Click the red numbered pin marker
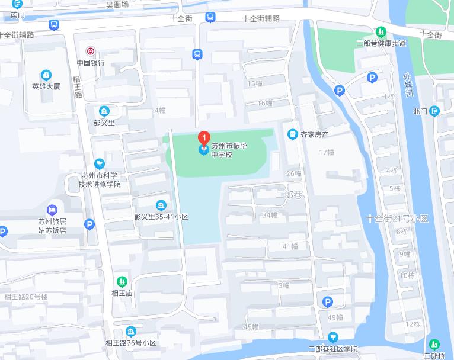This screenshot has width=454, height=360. click(x=203, y=139)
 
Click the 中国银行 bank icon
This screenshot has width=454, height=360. click(x=91, y=52)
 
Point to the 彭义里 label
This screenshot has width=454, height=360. click(x=104, y=122)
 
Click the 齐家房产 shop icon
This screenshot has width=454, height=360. click(x=292, y=134)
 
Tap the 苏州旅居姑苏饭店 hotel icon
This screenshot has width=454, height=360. click(x=52, y=209)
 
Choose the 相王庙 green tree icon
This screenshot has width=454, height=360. click(x=122, y=281)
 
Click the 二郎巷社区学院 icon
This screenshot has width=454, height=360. click(x=332, y=337)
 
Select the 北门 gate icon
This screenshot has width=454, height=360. click(x=434, y=111)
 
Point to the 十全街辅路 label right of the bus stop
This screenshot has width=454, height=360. click(x=261, y=18)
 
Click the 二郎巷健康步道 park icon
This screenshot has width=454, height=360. click(x=381, y=31)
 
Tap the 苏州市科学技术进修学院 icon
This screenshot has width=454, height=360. click(x=100, y=163)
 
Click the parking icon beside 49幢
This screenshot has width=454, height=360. click(x=327, y=303)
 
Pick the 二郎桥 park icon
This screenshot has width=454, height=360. click(x=434, y=344)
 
